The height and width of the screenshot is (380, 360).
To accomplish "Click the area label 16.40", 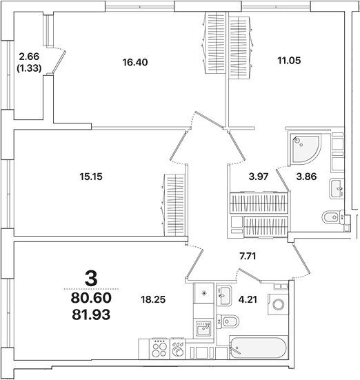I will point(135,62).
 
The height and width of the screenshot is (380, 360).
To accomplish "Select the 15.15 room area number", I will point(92,176).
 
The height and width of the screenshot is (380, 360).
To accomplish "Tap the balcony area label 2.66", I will point(29,57).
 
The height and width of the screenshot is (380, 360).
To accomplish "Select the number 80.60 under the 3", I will point(91,298).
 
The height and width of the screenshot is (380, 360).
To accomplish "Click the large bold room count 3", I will point(90,279).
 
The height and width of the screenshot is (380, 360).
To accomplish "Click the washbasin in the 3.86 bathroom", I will point(337,188).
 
